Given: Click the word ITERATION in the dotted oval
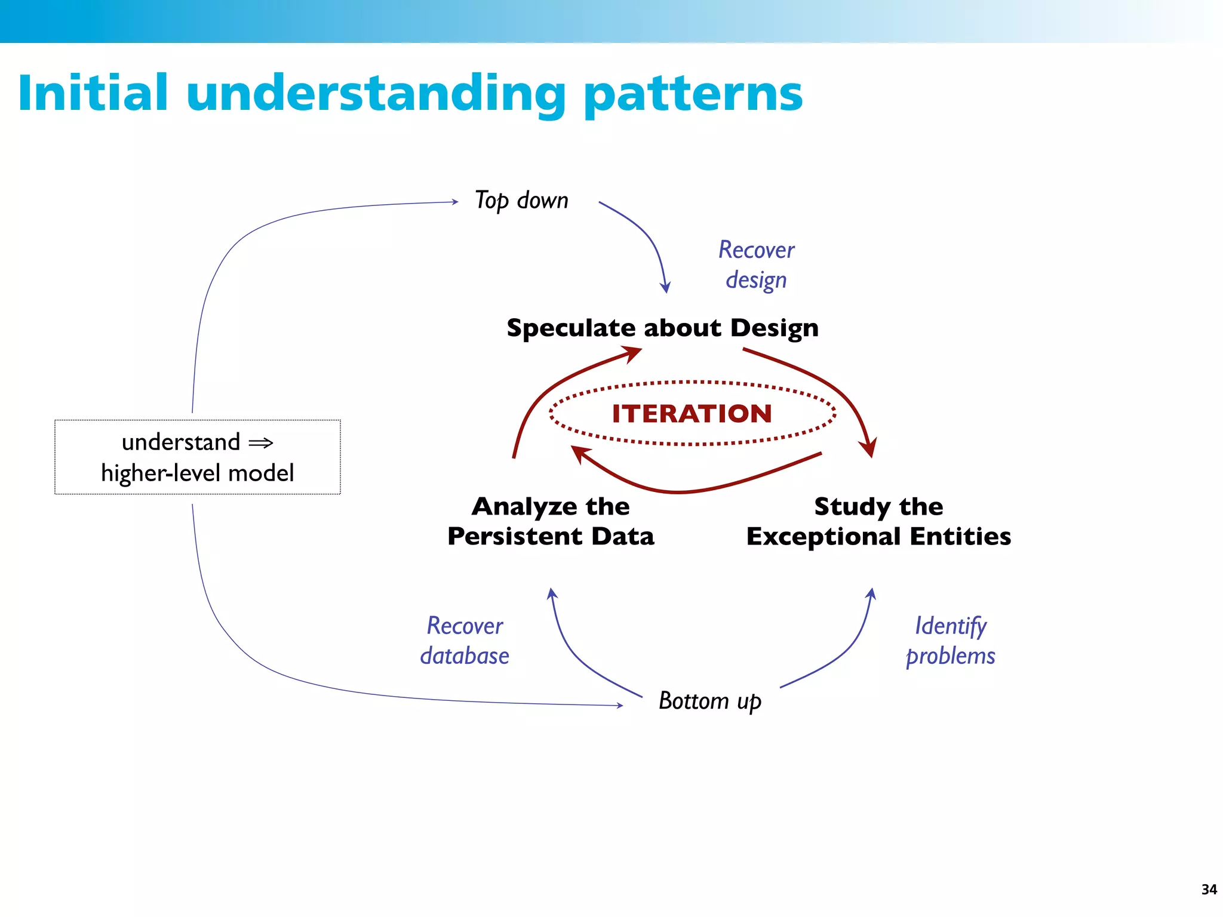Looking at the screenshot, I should pos(692,414).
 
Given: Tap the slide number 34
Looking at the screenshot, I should pos(1209,890).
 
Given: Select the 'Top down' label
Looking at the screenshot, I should pos(521,201).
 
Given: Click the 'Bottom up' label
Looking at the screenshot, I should pos(709,701).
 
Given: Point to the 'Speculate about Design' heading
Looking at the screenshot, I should pos(662,328).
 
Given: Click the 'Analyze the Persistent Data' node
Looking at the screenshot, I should pos(551,521).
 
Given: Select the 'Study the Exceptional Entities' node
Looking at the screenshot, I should pos(878,521).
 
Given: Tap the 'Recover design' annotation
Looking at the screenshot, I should pos(756,264).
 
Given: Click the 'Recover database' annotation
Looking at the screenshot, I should pos(465,641).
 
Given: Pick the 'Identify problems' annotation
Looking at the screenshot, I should pos(950,641).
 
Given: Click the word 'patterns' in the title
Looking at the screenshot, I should pos(693,94).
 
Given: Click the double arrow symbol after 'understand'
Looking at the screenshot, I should pos(261,443).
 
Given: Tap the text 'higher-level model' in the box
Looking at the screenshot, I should pos(197,473).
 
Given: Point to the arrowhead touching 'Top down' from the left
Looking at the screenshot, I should pos(455,202).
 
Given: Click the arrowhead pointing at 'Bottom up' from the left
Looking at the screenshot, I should pos(620,705).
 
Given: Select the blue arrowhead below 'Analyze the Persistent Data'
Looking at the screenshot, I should pos(552,593).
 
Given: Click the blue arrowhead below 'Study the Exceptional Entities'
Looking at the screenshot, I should pos(871,593).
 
